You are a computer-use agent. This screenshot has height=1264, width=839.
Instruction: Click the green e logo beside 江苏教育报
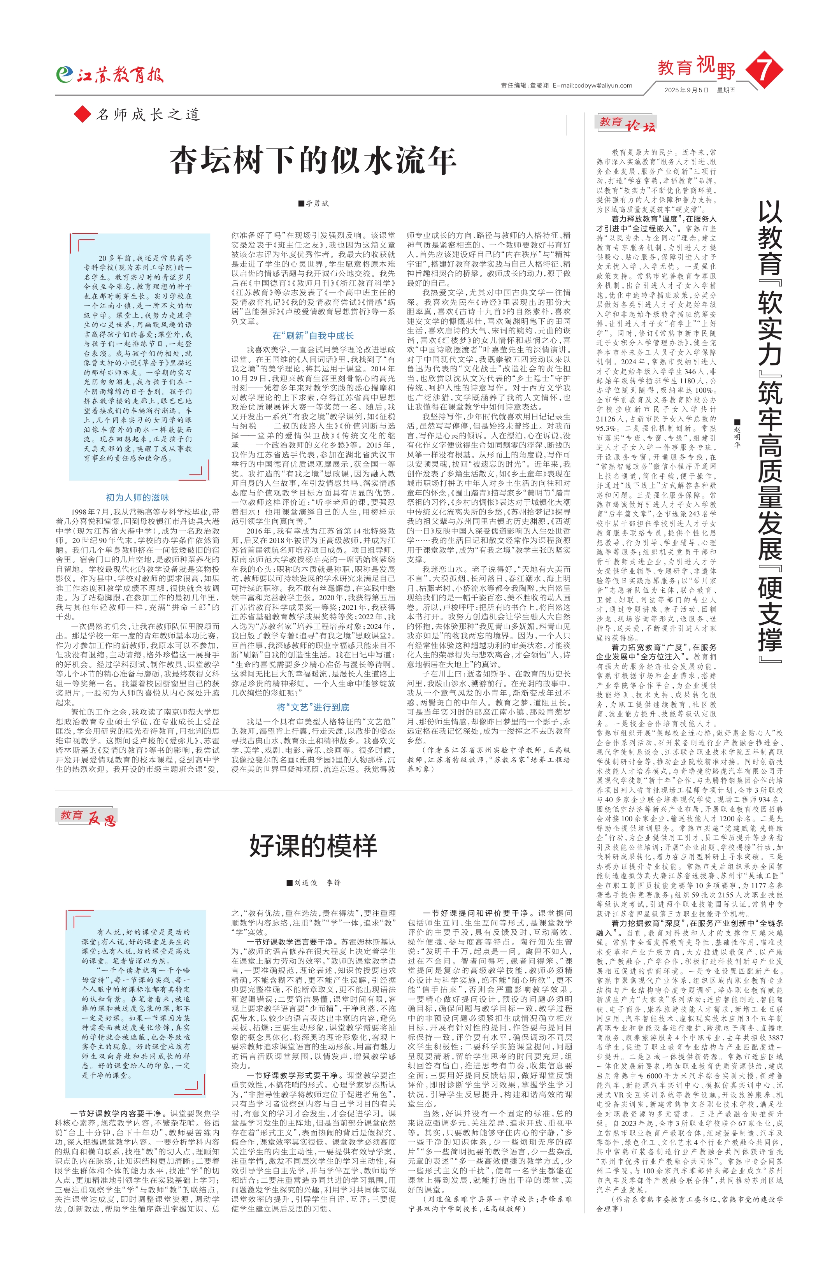coord(64,74)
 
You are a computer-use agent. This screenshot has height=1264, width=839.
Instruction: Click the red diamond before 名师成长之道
coord(82,114)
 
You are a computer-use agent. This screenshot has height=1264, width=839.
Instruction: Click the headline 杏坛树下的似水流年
coord(313,161)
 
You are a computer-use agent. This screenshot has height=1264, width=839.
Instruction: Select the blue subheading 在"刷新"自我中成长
coord(313,335)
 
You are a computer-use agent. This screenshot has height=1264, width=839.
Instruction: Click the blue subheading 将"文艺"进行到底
coord(313,707)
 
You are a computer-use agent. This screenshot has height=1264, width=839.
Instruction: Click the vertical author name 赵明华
coord(736,434)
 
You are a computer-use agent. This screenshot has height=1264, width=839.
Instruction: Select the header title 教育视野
coord(696,67)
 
